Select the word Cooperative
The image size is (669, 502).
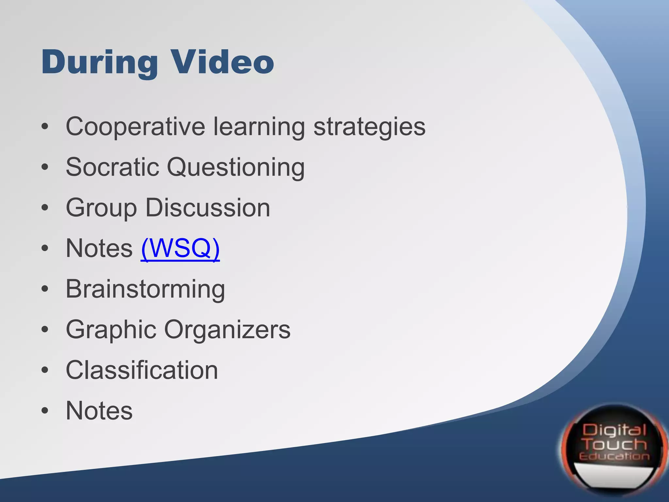point(135,127)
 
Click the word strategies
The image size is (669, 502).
point(369,127)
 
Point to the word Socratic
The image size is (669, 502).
point(112,167)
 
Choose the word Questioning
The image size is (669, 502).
point(236,167)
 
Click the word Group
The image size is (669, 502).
point(101,208)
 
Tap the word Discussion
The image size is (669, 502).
point(208,208)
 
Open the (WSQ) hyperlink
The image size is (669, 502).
point(180,249)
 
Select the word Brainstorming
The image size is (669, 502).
point(145,289)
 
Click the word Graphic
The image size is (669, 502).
point(111,330)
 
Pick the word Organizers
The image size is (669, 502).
point(227,330)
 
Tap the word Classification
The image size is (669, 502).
point(142,370)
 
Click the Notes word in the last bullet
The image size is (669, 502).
point(99,411)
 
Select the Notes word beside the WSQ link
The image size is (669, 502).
point(99,248)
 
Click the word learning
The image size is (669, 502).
point(259,127)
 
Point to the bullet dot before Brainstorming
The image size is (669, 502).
point(45,289)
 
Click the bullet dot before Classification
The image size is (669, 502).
point(45,370)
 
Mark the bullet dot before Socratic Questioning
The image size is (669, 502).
point(45,167)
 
